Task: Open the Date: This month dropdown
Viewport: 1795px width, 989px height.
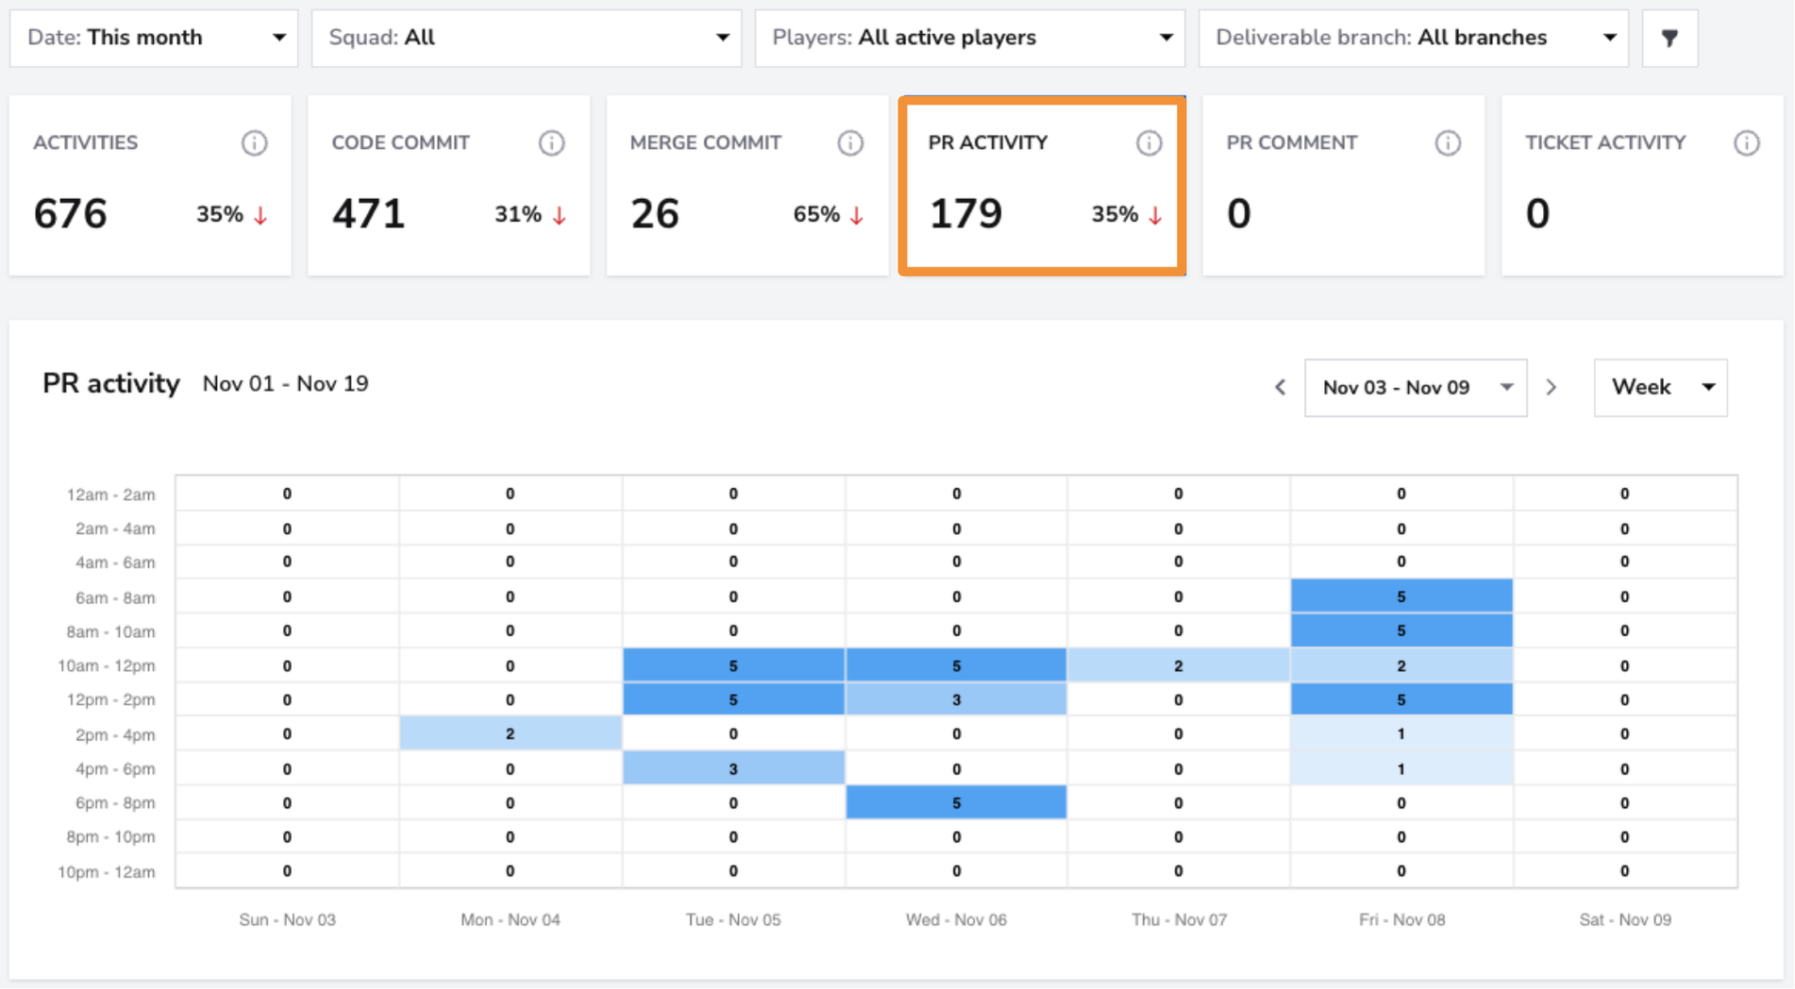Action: click(154, 38)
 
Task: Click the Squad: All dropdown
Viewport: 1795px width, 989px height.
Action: click(527, 38)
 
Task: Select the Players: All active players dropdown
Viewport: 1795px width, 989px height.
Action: click(970, 38)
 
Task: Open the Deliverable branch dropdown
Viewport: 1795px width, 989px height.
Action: click(1414, 38)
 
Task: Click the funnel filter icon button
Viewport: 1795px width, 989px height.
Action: click(1669, 38)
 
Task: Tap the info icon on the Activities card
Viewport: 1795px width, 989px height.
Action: click(254, 142)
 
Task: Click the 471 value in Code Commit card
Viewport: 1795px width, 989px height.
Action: click(368, 213)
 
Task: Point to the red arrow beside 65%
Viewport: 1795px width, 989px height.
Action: click(856, 215)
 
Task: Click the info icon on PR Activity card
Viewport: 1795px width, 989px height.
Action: click(1149, 142)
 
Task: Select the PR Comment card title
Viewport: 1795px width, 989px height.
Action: click(1291, 142)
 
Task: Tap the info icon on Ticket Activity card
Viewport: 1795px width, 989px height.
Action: click(1747, 142)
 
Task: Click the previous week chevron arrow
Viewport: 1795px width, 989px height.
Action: click(1280, 387)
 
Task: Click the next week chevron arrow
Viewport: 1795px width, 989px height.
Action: click(1552, 387)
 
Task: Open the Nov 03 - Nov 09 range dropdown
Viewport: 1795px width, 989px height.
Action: click(1416, 387)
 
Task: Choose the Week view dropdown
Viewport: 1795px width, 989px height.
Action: click(1660, 387)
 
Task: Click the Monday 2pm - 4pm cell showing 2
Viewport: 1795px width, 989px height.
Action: click(511, 733)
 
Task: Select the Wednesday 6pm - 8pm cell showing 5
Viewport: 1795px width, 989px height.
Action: click(956, 802)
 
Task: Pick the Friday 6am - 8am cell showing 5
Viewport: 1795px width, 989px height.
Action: click(1401, 596)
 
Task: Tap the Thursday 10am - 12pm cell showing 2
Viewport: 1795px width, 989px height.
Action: click(1179, 665)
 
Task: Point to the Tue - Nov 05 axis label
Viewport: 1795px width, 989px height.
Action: click(733, 919)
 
